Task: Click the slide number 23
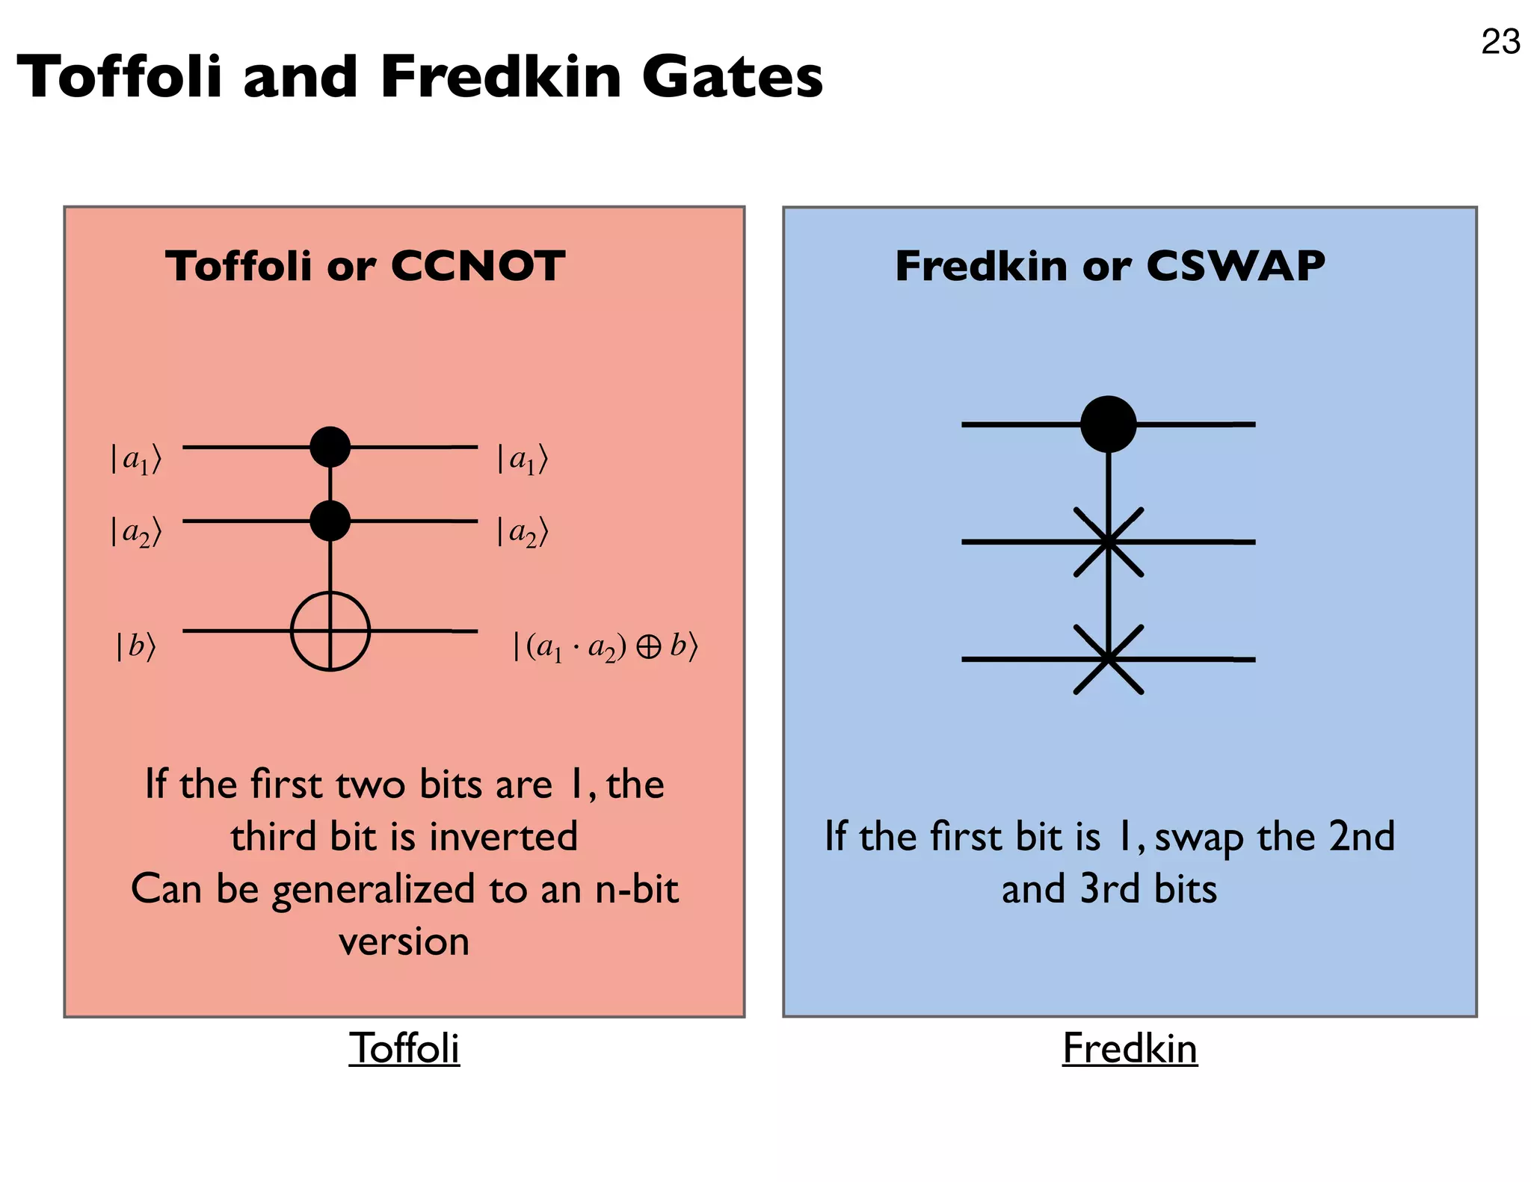1500,42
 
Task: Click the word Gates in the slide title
732,77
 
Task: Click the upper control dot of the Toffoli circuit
330,447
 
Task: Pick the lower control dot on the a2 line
330,521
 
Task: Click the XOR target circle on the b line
330,631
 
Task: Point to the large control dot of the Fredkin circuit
1109,424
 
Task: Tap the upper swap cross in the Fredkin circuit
1109,542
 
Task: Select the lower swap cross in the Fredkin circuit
1109,659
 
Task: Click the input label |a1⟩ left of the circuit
135,459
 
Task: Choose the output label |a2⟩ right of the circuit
522,532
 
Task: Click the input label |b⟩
135,646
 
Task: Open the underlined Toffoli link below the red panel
404,1048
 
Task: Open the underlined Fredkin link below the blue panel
1130,1048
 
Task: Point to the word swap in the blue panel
1199,838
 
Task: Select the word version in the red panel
404,941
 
